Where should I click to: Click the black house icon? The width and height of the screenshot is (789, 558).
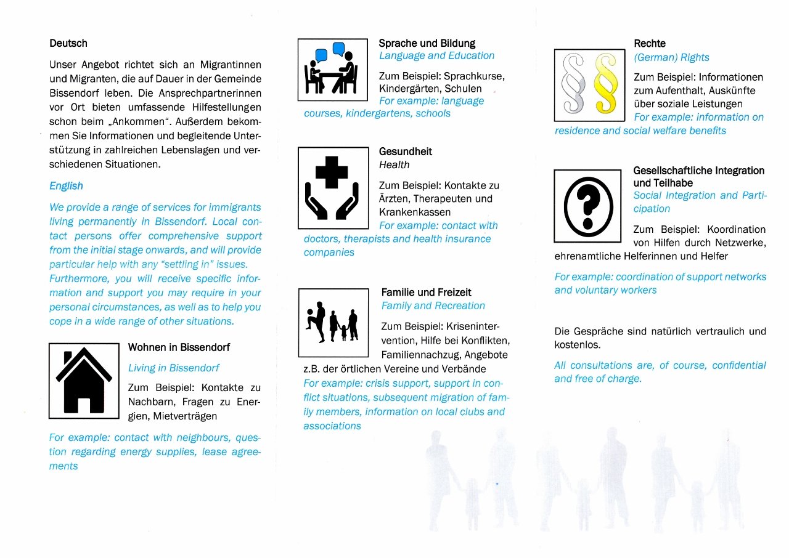[84, 381]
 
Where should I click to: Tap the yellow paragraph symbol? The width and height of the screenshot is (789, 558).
[605, 85]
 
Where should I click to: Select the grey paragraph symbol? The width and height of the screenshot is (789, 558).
[573, 85]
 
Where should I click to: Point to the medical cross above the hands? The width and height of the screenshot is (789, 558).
[331, 172]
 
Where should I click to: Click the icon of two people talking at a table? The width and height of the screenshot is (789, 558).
[332, 70]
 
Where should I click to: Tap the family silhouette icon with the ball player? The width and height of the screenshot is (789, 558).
[333, 321]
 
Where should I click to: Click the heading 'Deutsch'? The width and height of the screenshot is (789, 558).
[68, 44]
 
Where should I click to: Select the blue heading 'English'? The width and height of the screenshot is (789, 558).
[66, 186]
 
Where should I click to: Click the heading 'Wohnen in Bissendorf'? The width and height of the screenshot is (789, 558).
[179, 348]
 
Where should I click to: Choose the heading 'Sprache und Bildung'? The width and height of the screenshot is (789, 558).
[427, 44]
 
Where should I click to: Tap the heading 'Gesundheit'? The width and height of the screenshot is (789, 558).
[405, 152]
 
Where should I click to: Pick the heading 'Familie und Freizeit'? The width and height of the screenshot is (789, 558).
[427, 293]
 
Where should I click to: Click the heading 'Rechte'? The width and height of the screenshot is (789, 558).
[650, 44]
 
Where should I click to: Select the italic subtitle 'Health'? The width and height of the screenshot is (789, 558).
[394, 165]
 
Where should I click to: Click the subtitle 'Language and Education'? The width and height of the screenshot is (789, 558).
[436, 56]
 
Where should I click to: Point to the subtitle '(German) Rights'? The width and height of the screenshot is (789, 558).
[671, 58]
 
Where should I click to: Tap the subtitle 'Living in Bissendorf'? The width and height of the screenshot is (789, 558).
[174, 368]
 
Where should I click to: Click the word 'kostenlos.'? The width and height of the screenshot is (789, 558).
[578, 345]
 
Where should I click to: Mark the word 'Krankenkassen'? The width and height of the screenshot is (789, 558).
[415, 212]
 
